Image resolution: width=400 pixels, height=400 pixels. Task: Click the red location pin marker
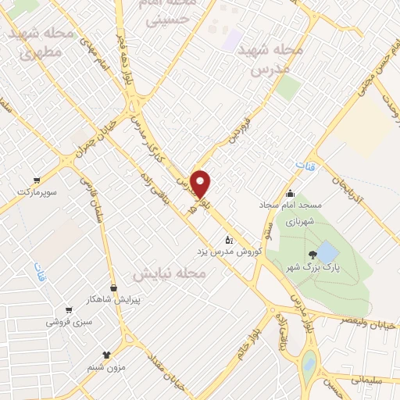click(201, 183)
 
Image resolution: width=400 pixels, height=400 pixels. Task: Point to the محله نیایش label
click(168, 274)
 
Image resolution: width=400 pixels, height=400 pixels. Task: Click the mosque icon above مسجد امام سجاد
click(290, 193)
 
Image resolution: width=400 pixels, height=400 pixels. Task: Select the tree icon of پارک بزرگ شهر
click(312, 254)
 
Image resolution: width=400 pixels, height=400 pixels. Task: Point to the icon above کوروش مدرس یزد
click(228, 239)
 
